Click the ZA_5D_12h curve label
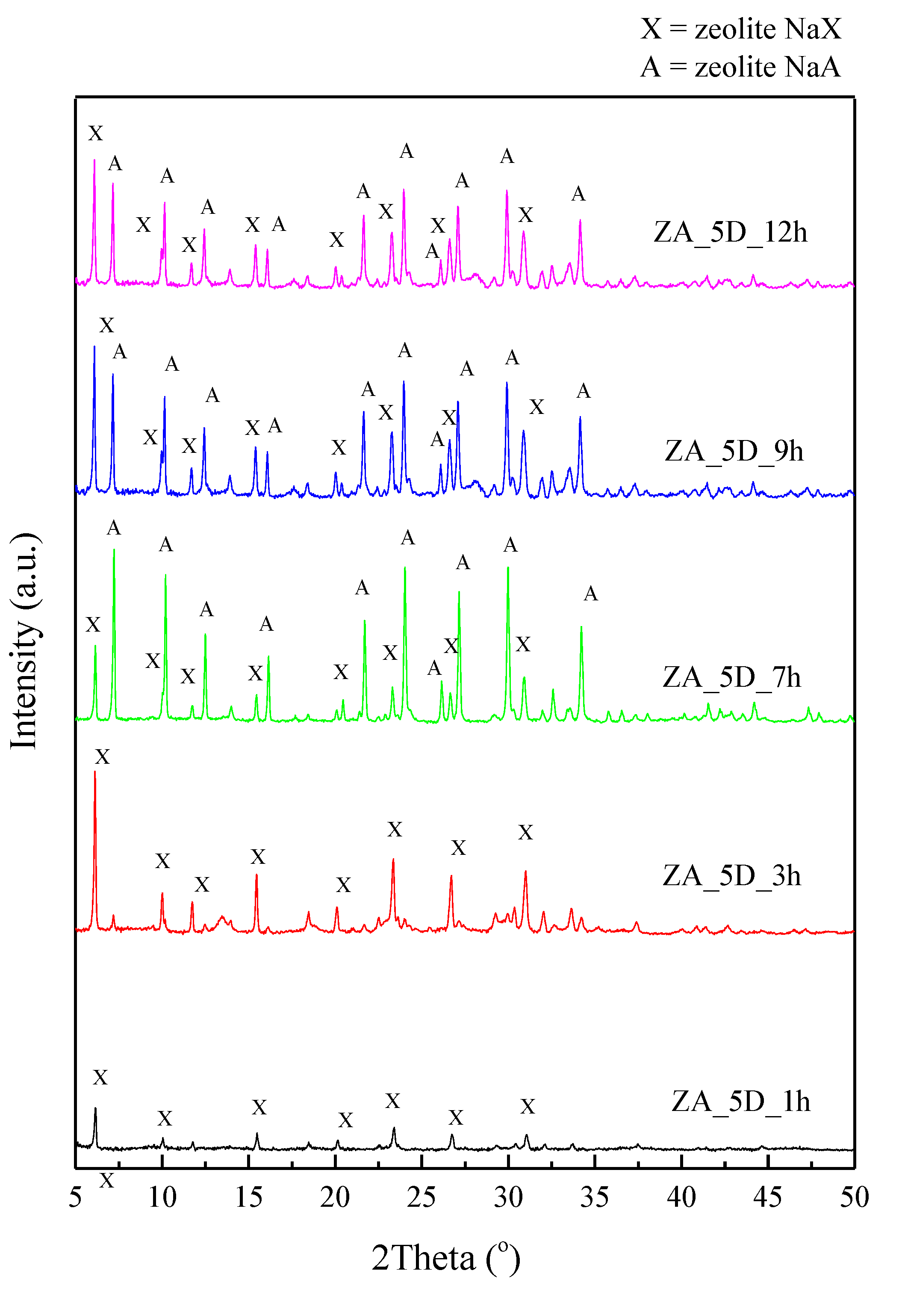pos(730,232)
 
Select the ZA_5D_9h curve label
pos(734,451)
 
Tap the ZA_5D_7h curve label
pos(731,677)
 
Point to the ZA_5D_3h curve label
pos(731,875)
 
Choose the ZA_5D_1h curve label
pos(740,1102)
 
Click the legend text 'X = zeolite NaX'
pos(740,29)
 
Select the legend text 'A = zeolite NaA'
pos(740,67)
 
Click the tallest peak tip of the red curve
pos(95,771)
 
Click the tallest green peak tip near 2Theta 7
pos(114,549)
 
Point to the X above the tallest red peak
pos(102,757)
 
